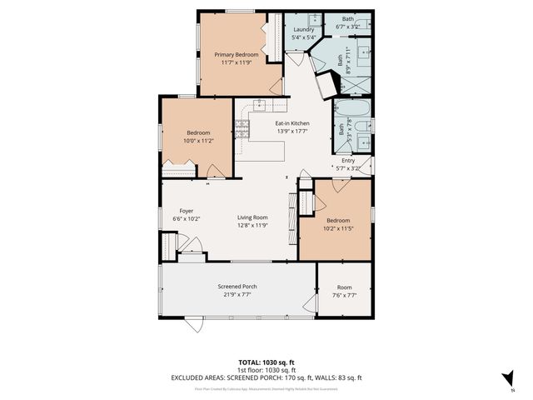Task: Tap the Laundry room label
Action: click(x=303, y=29)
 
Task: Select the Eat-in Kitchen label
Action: click(x=292, y=122)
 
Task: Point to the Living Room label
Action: click(x=251, y=217)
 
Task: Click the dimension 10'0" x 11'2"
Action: click(x=198, y=141)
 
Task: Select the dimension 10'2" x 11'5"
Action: click(x=337, y=228)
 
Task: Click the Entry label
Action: click(x=349, y=161)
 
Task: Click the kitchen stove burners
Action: click(x=242, y=128)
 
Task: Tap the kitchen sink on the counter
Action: click(x=260, y=105)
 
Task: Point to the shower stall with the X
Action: click(x=356, y=84)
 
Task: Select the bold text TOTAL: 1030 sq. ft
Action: click(x=266, y=362)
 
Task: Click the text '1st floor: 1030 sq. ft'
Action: click(x=266, y=369)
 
